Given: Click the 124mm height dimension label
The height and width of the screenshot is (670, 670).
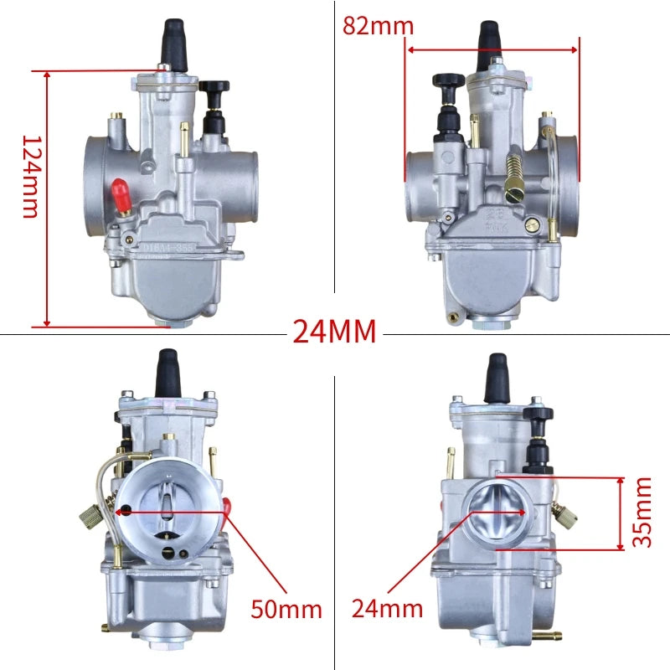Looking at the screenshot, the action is [31, 177].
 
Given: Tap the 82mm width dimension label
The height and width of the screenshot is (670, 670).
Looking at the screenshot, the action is [379, 26].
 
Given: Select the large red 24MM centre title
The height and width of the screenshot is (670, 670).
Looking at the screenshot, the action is [334, 331].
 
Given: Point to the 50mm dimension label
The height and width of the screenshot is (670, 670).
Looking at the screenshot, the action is [286, 609].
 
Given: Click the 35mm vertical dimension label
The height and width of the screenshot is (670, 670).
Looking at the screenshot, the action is [642, 513].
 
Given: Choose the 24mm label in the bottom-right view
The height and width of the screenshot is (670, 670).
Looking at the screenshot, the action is [387, 608].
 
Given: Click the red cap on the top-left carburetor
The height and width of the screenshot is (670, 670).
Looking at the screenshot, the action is [120, 196].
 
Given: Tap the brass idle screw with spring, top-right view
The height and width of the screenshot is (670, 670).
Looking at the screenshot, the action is [514, 178].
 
